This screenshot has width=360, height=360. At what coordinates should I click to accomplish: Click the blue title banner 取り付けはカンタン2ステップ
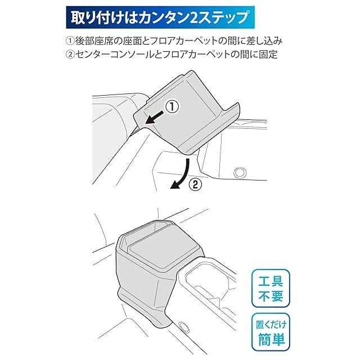pos(160,17)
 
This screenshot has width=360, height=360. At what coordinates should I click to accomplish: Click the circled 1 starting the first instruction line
pos(70,41)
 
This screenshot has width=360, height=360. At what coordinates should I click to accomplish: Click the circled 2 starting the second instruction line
pos(70,55)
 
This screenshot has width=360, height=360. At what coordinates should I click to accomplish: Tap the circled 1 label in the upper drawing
pos(172,107)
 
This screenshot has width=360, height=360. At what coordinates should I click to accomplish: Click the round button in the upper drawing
pos(240,173)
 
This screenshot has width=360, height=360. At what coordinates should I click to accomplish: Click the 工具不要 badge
pos(271,288)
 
